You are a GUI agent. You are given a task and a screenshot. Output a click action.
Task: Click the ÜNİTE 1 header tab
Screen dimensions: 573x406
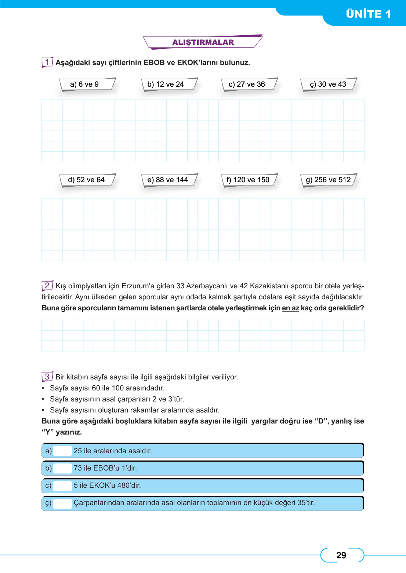[368, 14]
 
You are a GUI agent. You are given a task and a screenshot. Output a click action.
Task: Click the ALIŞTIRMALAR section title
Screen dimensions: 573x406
[203, 42]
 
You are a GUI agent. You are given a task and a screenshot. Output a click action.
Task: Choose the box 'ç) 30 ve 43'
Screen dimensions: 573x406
[328, 84]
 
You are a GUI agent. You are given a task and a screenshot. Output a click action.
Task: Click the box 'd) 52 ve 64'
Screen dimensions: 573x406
[86, 180]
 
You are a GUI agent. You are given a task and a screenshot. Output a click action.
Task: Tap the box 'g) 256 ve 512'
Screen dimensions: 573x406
[328, 180]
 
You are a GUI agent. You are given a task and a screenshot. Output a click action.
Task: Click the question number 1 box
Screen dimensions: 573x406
[47, 62]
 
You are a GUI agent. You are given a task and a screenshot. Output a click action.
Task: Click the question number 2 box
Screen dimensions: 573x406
[47, 285]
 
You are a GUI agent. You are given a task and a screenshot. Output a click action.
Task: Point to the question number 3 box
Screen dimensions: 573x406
[47, 376]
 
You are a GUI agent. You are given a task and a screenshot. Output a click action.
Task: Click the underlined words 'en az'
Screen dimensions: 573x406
[290, 308]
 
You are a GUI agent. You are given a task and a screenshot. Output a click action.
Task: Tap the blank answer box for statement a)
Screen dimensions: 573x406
[62, 451]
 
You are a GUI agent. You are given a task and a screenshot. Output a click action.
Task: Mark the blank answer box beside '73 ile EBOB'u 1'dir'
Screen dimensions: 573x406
[62, 468]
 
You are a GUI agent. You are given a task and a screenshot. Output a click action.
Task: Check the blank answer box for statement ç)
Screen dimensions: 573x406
[62, 503]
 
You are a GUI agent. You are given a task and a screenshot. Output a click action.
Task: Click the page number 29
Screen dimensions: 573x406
[341, 555]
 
